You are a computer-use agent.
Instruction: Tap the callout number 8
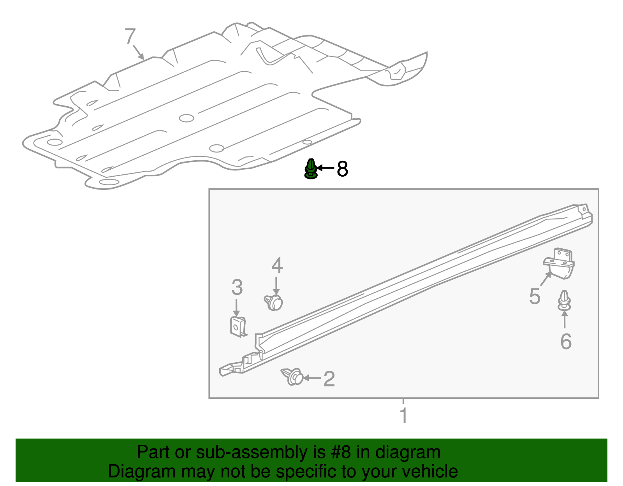tap(342, 169)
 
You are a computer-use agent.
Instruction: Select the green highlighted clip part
tap(310, 169)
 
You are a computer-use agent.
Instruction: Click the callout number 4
tap(277, 265)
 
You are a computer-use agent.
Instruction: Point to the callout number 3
tap(237, 288)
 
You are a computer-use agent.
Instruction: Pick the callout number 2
tap(329, 379)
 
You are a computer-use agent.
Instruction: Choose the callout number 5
tap(535, 297)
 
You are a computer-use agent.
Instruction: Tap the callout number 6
tap(566, 341)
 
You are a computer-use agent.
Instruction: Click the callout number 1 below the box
tap(404, 416)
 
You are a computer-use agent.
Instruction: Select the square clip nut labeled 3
tap(238, 326)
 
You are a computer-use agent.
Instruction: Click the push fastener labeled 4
tap(274, 303)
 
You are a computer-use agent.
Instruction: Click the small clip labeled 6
tap(565, 301)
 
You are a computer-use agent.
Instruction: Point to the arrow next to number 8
tap(326, 168)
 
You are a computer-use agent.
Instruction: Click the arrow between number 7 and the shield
tap(138, 52)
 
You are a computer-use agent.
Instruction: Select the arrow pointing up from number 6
tap(565, 319)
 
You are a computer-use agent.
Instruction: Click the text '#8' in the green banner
tap(341, 452)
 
